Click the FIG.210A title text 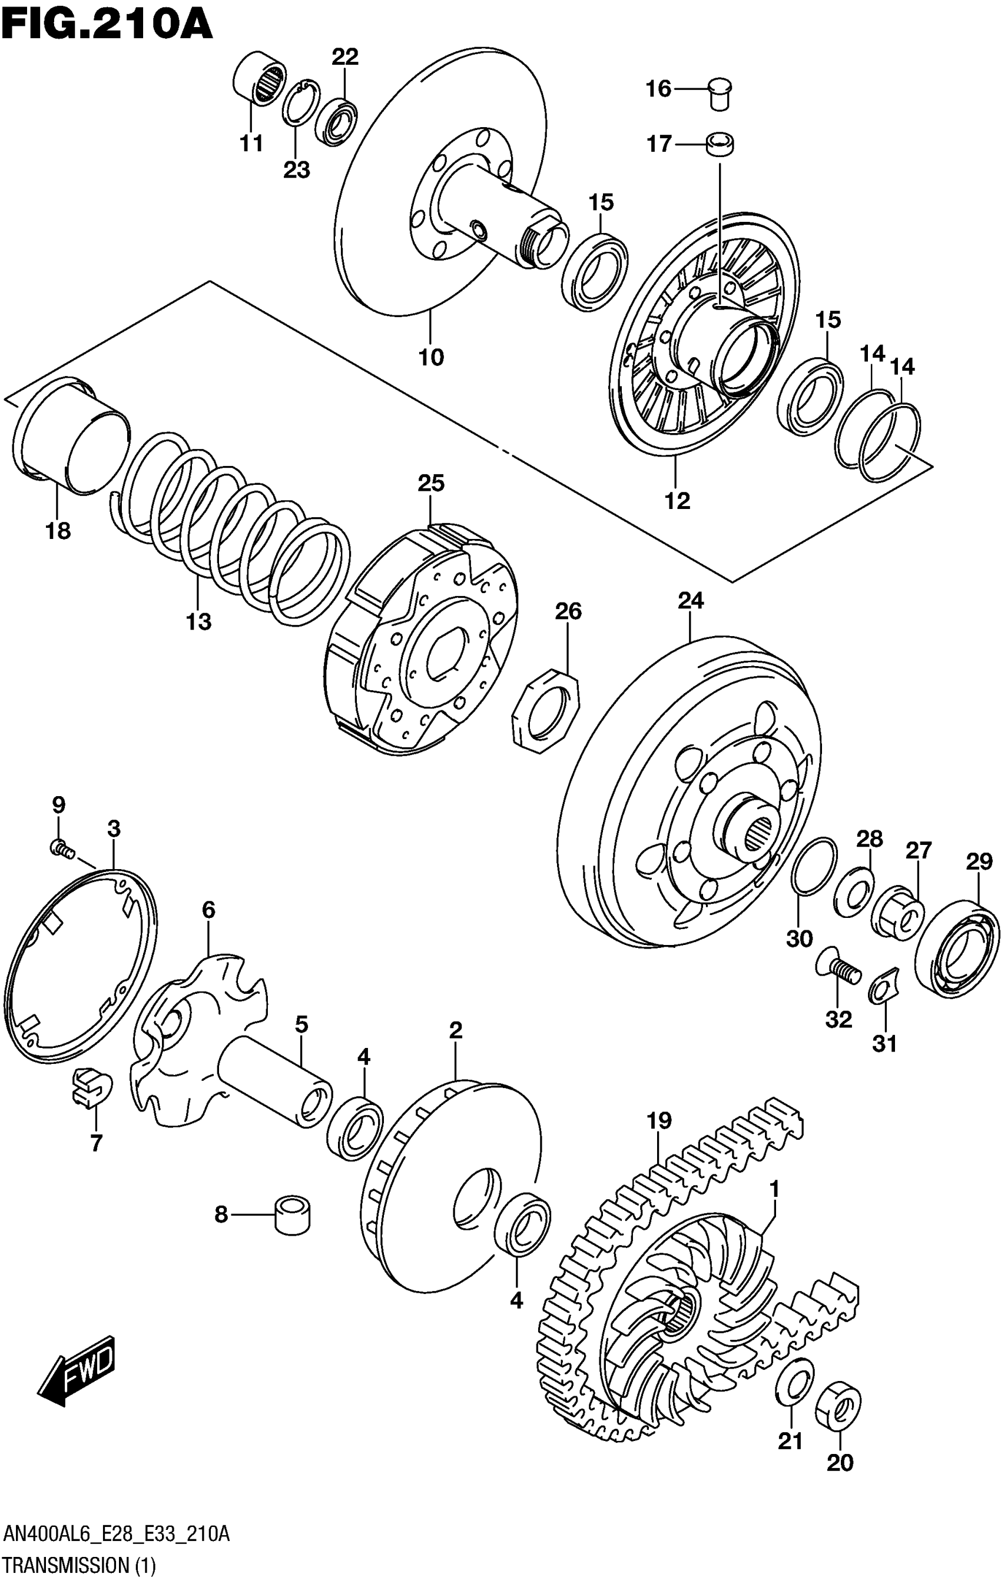pyautogui.click(x=107, y=25)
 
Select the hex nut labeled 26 pyautogui.click(x=546, y=710)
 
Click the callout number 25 pyautogui.click(x=430, y=484)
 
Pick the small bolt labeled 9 pyautogui.click(x=60, y=850)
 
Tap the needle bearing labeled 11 pyautogui.click(x=259, y=79)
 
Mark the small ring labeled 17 pyautogui.click(x=721, y=145)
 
